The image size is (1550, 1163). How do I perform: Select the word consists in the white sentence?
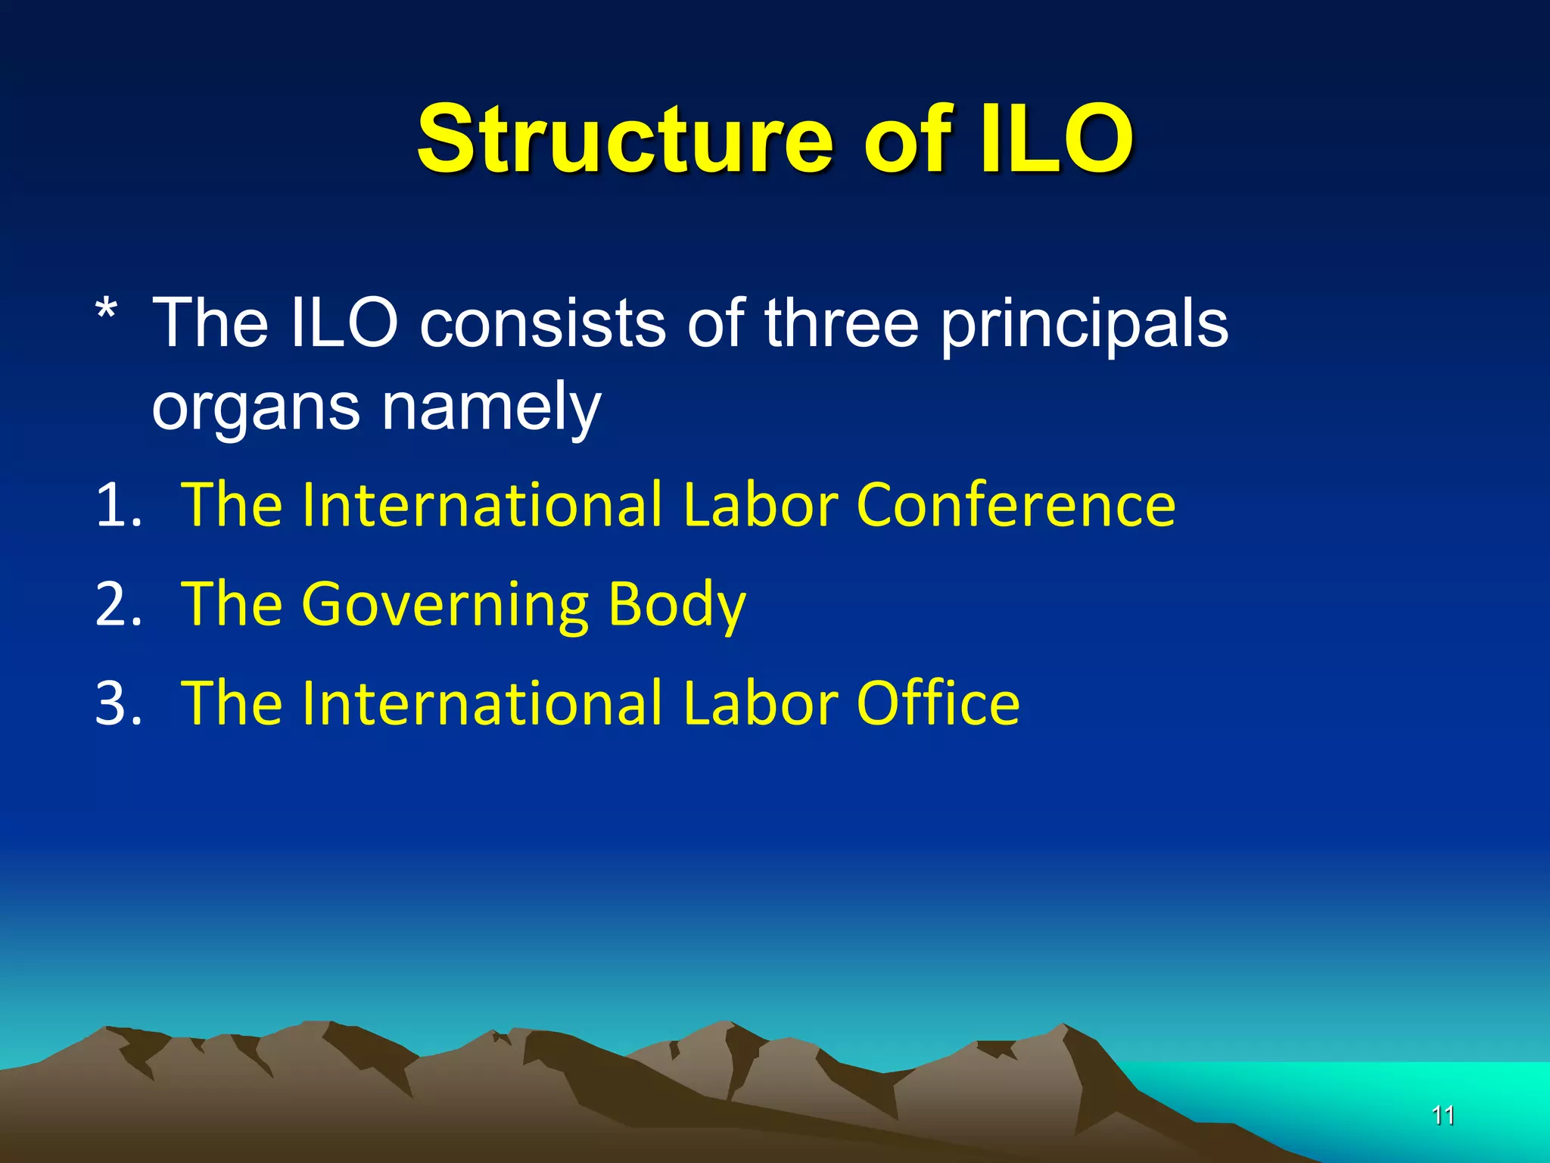543,323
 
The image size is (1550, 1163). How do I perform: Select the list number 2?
118,604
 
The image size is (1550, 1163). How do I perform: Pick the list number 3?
118,703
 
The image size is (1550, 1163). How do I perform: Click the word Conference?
1016,505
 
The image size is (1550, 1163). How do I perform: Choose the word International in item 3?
482,703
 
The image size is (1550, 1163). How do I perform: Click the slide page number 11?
1443,1115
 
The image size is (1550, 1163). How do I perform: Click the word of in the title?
907,140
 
